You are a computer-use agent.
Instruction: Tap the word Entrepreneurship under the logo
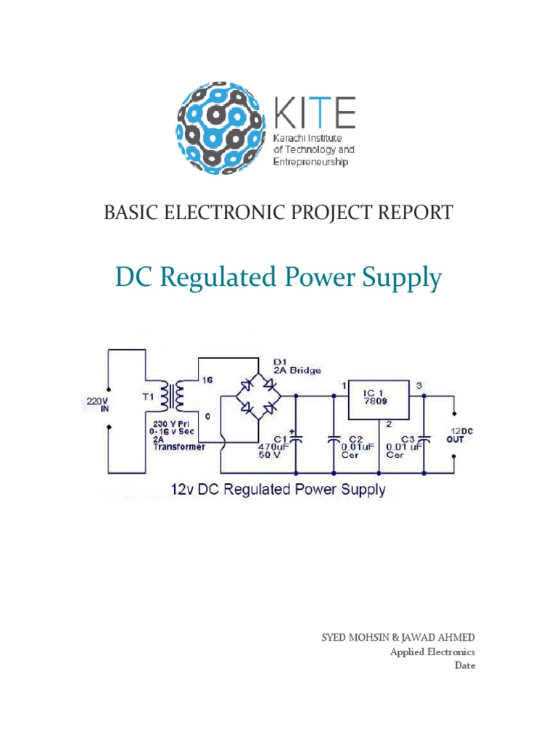coord(310,162)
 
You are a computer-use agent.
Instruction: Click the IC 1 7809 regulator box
coord(378,399)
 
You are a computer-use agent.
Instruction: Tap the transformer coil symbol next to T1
coord(174,397)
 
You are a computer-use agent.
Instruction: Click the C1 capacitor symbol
coord(296,438)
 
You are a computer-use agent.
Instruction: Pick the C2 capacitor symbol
coord(334,438)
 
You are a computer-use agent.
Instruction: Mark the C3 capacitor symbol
coord(425,438)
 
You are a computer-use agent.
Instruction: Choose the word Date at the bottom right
coord(465,665)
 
